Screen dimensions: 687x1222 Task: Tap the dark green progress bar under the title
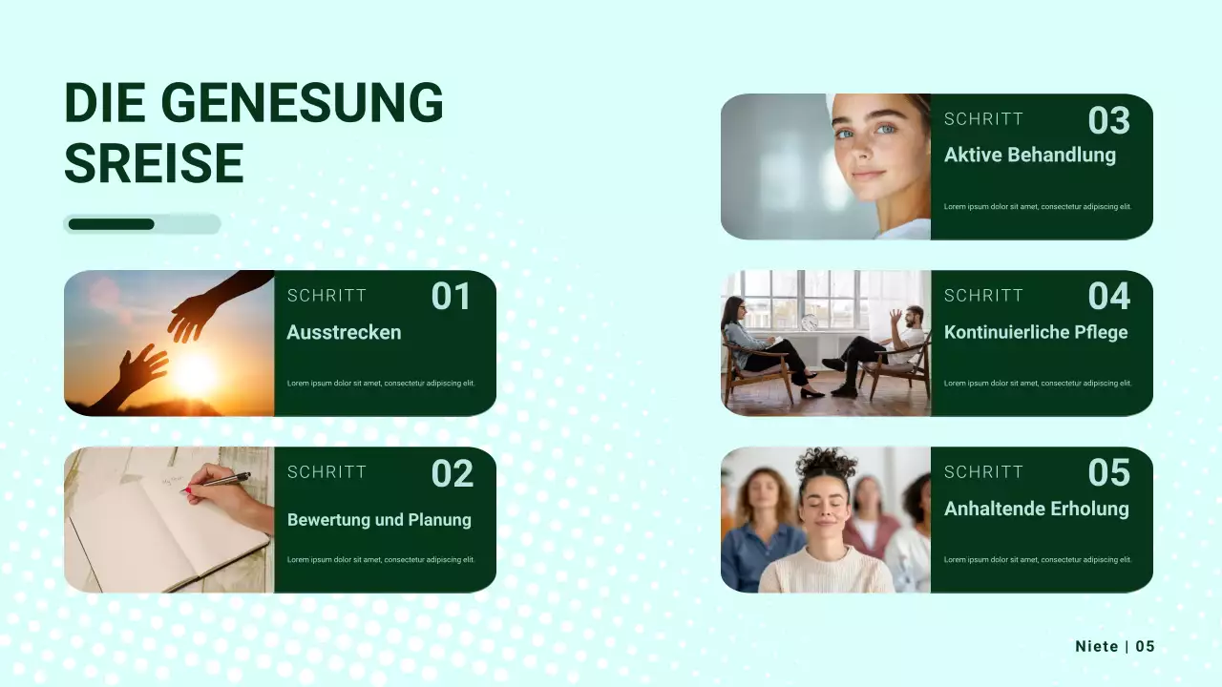[x=111, y=224]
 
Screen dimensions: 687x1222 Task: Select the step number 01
[x=451, y=297]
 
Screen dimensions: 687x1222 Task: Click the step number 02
[x=452, y=473]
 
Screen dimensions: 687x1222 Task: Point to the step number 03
[x=1108, y=120]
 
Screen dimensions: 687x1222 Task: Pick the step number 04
[x=1108, y=297]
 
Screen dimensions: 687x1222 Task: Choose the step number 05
[x=1108, y=473]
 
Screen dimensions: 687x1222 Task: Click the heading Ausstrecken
[x=344, y=332]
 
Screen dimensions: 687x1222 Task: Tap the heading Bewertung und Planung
[x=379, y=520]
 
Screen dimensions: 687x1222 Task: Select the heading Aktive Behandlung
[x=1029, y=155]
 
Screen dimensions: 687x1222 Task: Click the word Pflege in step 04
[x=1097, y=332]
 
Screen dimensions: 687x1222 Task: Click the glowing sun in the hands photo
[x=196, y=374]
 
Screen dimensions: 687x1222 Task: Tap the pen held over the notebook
[x=218, y=482]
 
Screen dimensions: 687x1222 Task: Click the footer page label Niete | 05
[x=1114, y=647]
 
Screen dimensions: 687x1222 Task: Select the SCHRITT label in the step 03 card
[x=983, y=119]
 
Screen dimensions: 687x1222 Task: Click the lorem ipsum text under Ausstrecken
[x=380, y=384]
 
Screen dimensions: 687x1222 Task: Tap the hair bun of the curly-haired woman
[x=825, y=461]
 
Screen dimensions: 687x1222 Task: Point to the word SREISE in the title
[x=154, y=163]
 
